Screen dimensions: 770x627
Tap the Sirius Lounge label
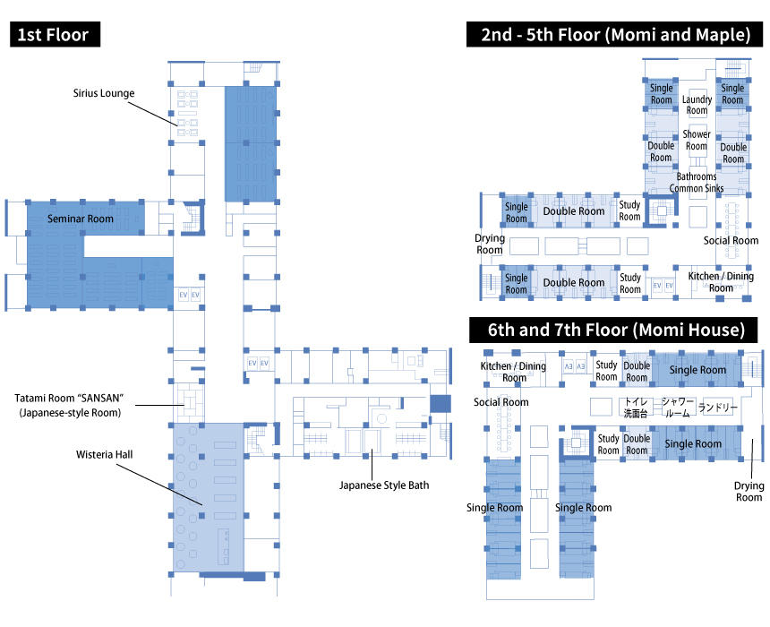pyautogui.click(x=104, y=93)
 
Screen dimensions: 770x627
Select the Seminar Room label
pyautogui.click(x=80, y=219)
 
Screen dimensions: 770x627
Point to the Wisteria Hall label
pyautogui.click(x=104, y=454)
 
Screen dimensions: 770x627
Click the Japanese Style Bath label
pyautogui.click(x=384, y=485)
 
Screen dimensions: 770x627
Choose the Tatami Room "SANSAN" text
pyautogui.click(x=69, y=398)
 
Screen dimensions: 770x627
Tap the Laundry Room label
pyautogui.click(x=697, y=105)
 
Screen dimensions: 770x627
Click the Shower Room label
pyautogui.click(x=697, y=140)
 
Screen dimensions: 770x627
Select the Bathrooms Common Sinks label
pyautogui.click(x=697, y=183)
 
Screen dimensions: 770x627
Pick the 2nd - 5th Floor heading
pyautogui.click(x=615, y=34)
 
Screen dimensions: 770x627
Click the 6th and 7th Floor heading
pyautogui.click(x=616, y=330)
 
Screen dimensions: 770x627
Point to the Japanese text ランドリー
pyautogui.click(x=718, y=408)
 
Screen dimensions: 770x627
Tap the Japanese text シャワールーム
pyautogui.click(x=678, y=408)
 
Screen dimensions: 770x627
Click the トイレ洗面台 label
pyautogui.click(x=636, y=408)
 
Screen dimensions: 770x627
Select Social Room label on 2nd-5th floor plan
pyautogui.click(x=731, y=240)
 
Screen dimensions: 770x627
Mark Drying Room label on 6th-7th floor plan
pyautogui.click(x=749, y=492)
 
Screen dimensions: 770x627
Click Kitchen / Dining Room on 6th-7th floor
pyautogui.click(x=513, y=372)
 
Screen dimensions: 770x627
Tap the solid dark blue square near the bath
pyautogui.click(x=441, y=403)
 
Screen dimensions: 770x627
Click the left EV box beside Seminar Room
pyautogui.click(x=184, y=295)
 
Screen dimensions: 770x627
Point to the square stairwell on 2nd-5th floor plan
pyautogui.click(x=662, y=210)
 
